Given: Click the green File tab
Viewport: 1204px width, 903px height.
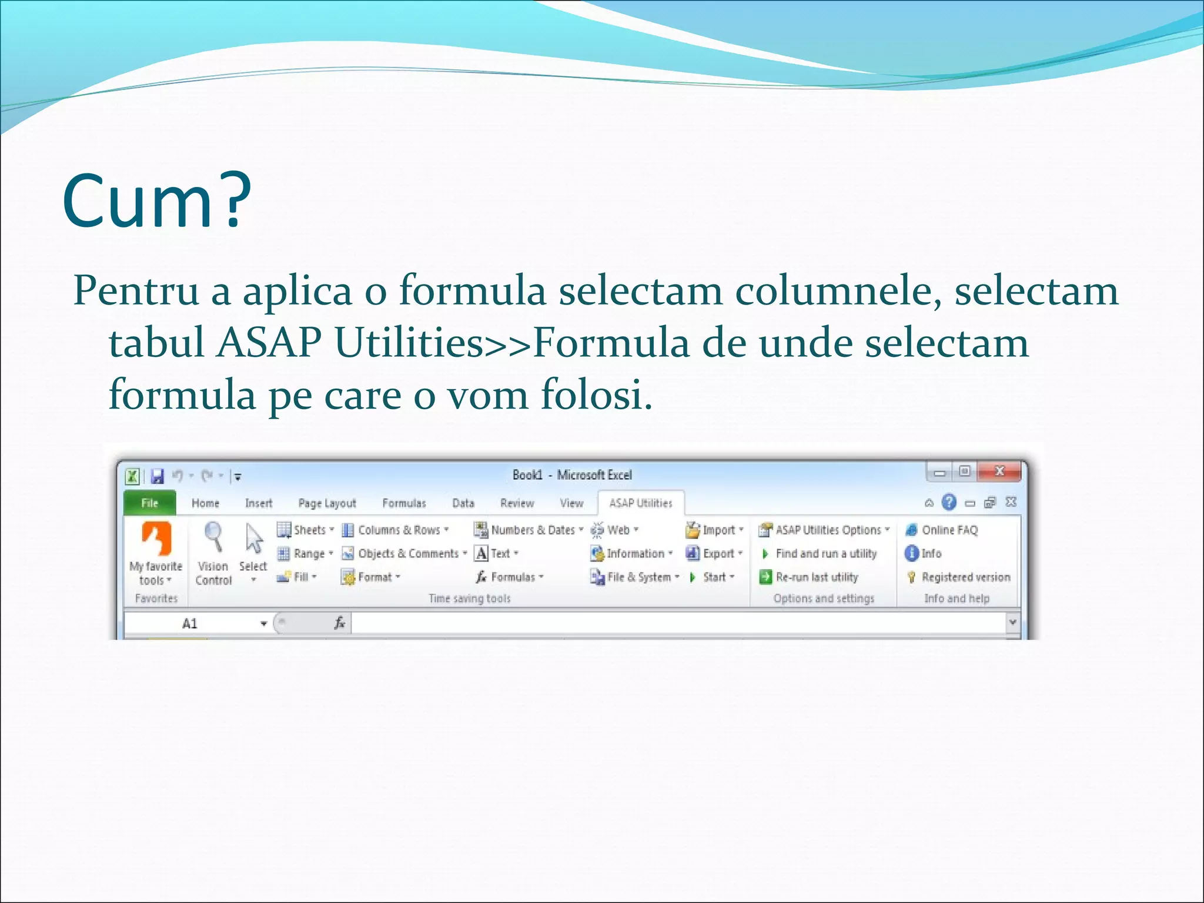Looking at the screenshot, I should coord(149,503).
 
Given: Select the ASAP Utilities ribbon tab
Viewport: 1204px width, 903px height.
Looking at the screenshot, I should coord(640,503).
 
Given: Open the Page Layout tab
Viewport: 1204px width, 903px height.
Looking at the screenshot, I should coord(327,503).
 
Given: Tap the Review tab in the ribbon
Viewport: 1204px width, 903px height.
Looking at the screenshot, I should coord(517,503).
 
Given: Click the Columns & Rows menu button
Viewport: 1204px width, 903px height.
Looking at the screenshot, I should coord(397,530).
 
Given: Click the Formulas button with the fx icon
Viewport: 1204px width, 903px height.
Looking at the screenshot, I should coord(509,577).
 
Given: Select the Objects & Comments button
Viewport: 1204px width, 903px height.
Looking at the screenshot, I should coord(405,554).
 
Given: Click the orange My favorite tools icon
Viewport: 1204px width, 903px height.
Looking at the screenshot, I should coord(156,539).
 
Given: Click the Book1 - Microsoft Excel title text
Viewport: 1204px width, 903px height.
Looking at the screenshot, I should coord(572,475).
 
